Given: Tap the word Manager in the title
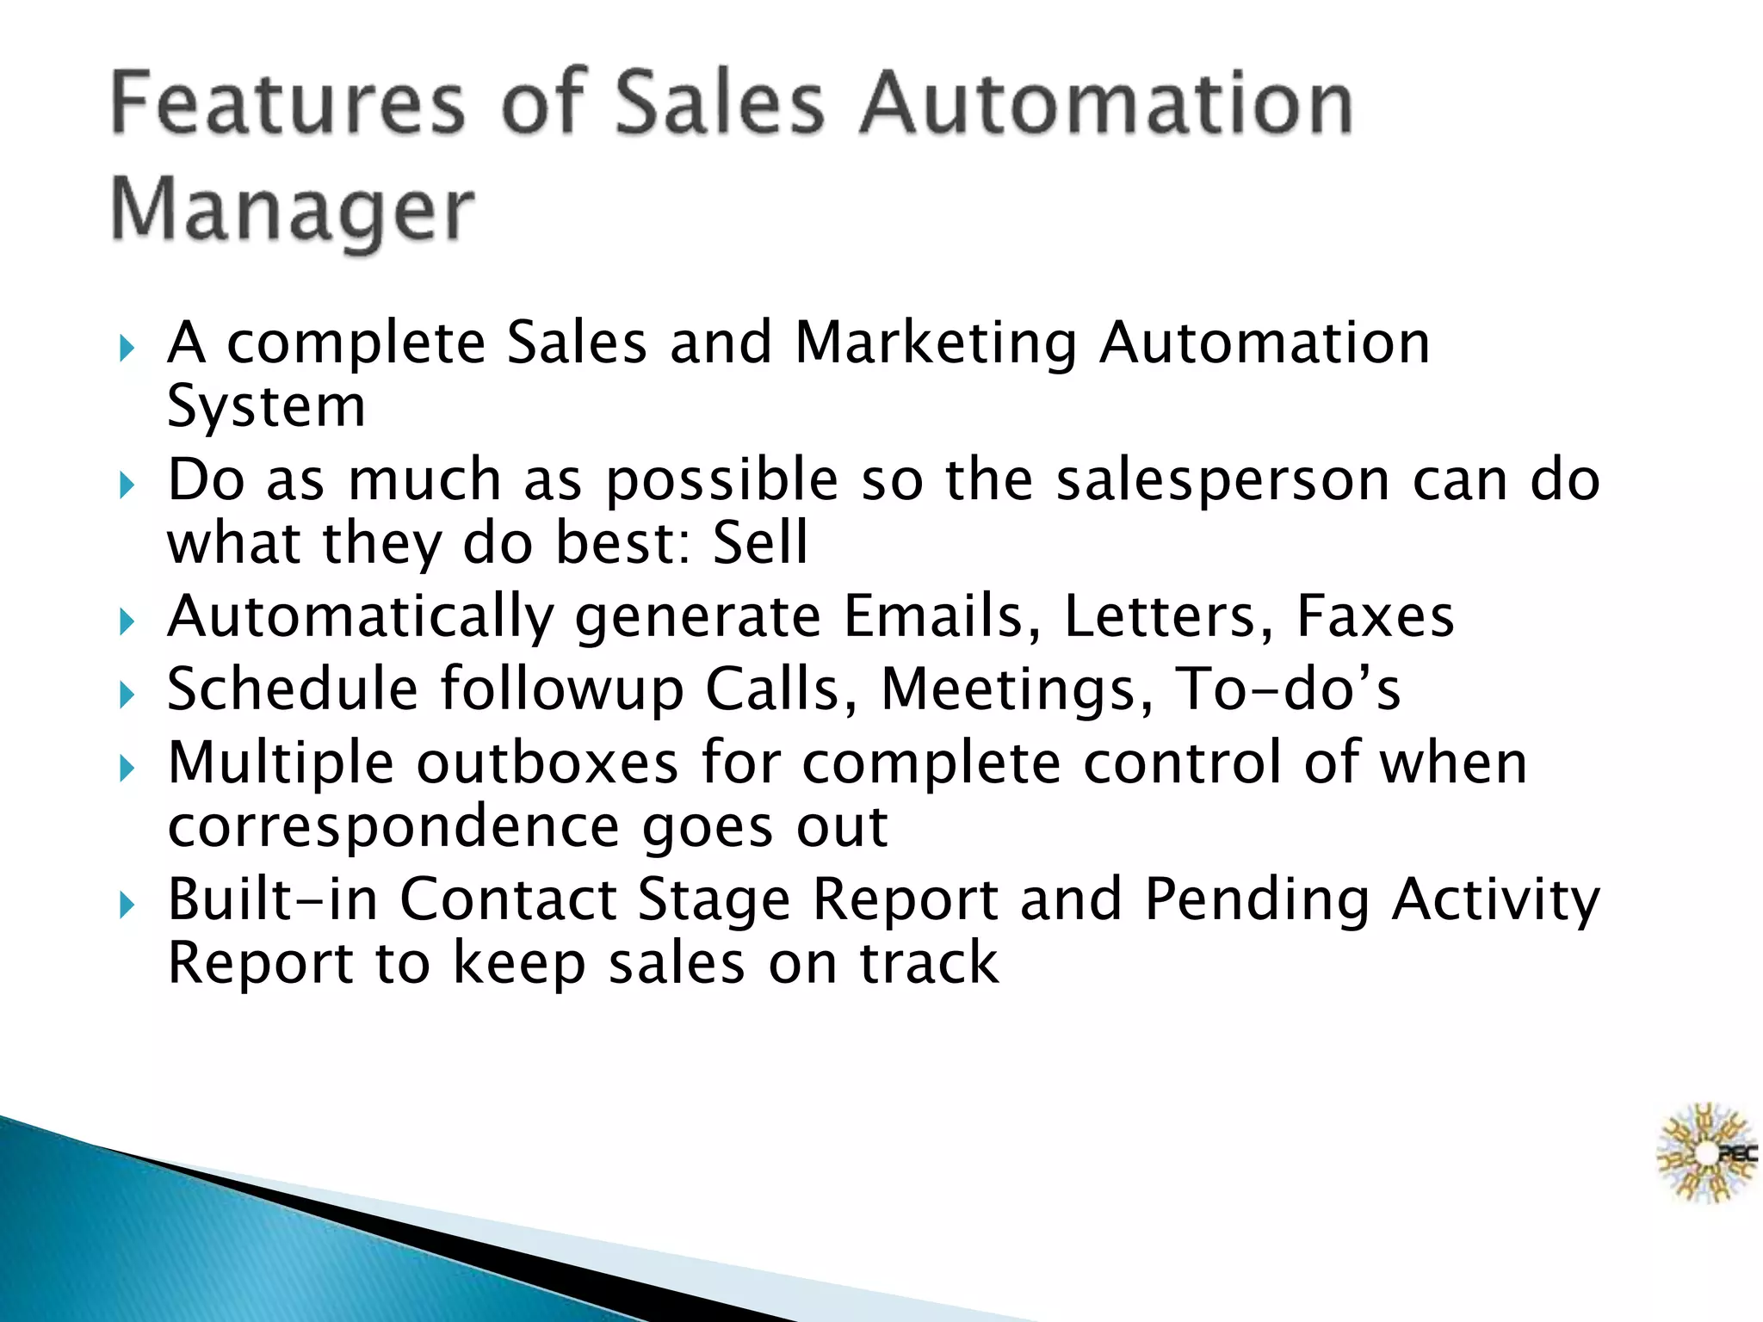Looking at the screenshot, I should tap(293, 211).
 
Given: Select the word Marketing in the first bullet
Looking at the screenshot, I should tap(935, 343).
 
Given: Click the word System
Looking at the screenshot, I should tap(266, 406).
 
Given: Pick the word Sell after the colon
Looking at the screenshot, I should tap(761, 543).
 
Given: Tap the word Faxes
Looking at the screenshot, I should tap(1375, 616).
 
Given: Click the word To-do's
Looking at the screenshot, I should tap(1289, 689).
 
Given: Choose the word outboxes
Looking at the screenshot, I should tap(547, 763).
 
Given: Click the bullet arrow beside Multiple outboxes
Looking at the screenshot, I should tap(127, 768).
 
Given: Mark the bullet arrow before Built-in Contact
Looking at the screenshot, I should tap(127, 905).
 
